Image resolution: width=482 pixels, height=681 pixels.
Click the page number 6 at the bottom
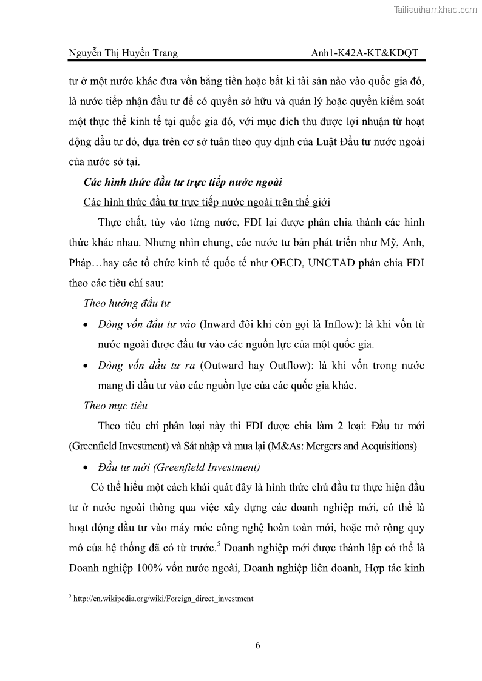point(257,645)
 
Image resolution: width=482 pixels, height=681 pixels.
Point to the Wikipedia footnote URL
point(161,599)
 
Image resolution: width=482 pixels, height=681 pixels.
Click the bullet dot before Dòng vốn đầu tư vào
point(87,326)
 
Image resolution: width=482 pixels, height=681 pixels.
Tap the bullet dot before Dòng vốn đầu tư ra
point(87,367)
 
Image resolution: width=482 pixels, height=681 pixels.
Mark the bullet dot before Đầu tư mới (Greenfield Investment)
point(87,468)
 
